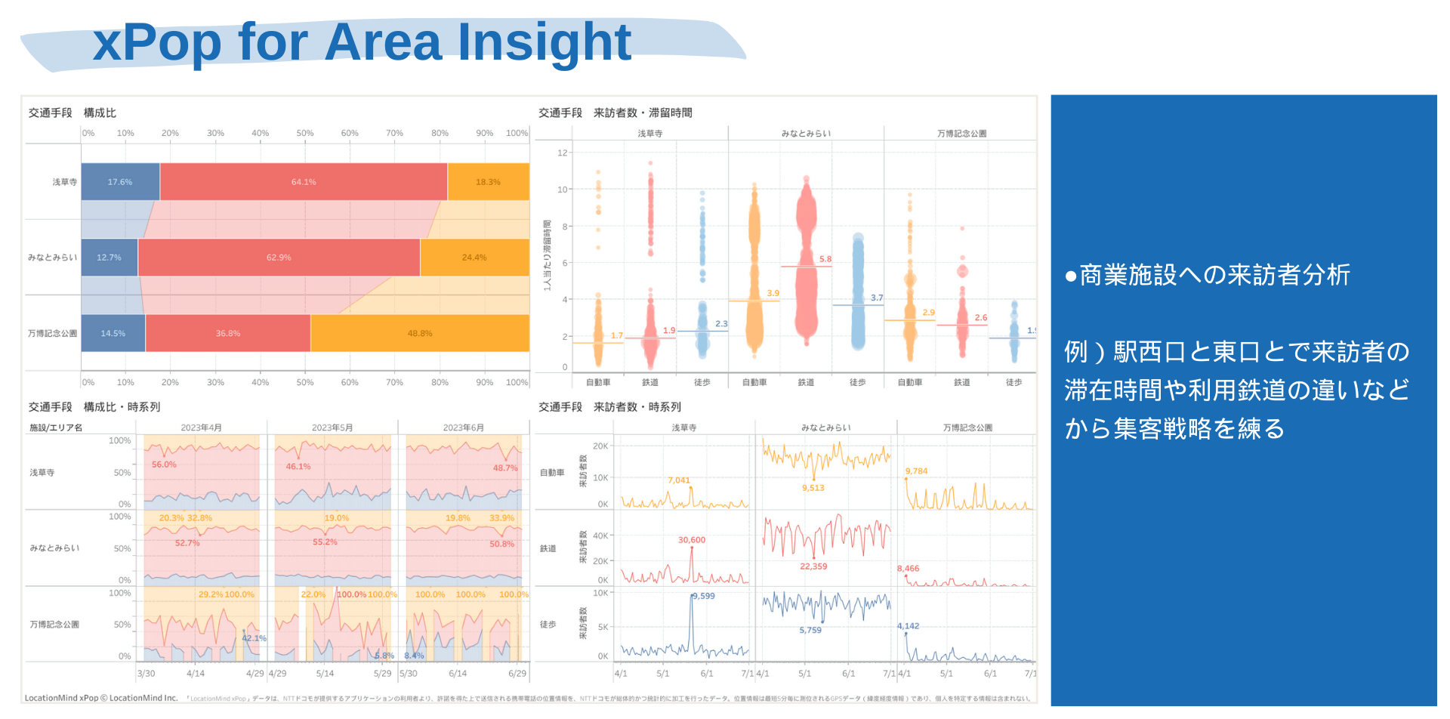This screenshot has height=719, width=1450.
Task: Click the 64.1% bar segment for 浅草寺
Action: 304,182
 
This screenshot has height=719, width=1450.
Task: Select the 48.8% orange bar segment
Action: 420,333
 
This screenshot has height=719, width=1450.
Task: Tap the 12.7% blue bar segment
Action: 109,258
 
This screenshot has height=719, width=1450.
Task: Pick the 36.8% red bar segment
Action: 228,333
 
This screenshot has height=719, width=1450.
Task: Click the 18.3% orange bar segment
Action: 488,182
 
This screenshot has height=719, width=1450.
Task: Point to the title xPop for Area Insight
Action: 362,42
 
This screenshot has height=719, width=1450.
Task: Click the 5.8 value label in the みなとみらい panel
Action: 825,259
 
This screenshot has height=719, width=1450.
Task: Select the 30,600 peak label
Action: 692,540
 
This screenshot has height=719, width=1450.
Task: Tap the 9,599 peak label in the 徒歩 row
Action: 703,596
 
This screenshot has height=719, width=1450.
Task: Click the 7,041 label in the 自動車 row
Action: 679,480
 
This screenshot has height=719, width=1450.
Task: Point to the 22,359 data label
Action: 813,566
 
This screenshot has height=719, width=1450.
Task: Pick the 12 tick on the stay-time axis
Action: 562,153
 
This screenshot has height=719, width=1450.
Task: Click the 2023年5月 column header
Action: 332,427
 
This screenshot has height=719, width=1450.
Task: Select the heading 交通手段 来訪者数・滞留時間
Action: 615,113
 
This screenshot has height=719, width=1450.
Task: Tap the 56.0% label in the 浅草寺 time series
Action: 164,464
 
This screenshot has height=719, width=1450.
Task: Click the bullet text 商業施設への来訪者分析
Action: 1208,275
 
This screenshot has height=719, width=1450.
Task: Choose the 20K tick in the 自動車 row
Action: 600,446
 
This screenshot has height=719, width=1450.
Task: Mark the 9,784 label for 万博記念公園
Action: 916,471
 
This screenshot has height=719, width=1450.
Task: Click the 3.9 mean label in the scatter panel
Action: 773,293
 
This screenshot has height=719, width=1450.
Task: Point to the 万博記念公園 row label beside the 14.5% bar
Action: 53,333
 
